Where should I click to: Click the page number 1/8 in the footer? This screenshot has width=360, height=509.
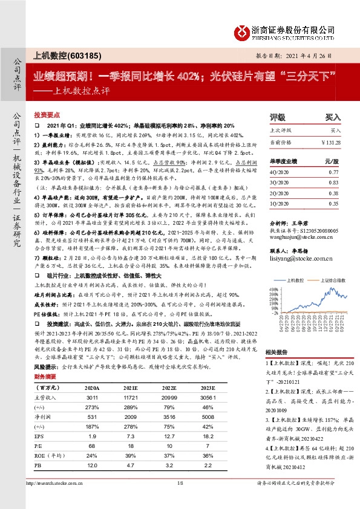(x=179, y=500)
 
